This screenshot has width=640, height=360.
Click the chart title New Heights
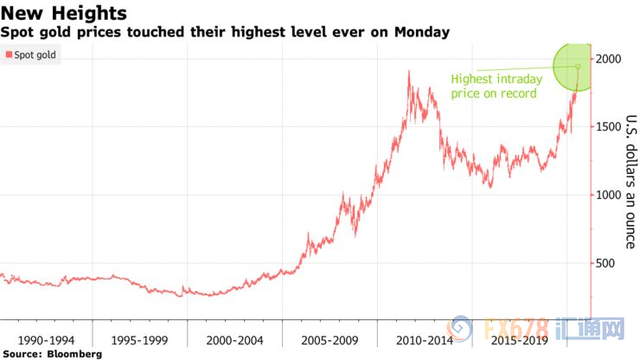(x=64, y=14)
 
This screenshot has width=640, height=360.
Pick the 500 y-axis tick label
(x=607, y=264)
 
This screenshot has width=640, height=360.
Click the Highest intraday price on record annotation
(x=494, y=86)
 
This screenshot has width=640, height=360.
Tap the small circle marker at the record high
(x=578, y=66)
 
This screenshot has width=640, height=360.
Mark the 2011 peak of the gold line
(x=408, y=72)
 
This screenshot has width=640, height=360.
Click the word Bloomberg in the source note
(x=75, y=354)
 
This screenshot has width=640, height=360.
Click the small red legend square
(x=8, y=55)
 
